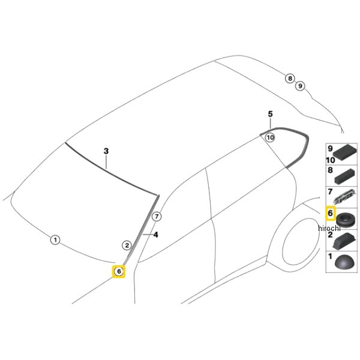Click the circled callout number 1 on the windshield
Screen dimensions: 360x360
click(55, 240)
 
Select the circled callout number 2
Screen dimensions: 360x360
click(127, 245)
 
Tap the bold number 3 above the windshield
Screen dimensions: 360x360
click(106, 151)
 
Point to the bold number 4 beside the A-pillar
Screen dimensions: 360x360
click(156, 235)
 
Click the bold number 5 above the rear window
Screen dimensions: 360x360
click(270, 114)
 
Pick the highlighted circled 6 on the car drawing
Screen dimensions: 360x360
click(119, 271)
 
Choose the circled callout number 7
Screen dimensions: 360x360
click(157, 216)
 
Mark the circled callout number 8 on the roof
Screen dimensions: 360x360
click(290, 79)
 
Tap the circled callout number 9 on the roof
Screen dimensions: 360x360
click(300, 86)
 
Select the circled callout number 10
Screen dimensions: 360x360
click(270, 138)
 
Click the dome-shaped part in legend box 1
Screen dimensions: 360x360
click(346, 262)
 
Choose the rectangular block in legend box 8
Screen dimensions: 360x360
click(346, 176)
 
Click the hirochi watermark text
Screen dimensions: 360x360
click(329, 228)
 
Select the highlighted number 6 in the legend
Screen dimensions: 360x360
click(330, 213)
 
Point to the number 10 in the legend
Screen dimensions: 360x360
click(331, 160)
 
